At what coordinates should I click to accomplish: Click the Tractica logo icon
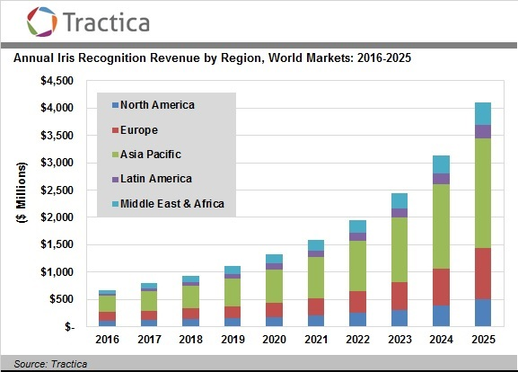point(42,21)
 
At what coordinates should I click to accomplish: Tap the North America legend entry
point(157,105)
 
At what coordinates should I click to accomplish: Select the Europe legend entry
point(139,129)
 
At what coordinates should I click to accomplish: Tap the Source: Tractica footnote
point(43,363)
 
